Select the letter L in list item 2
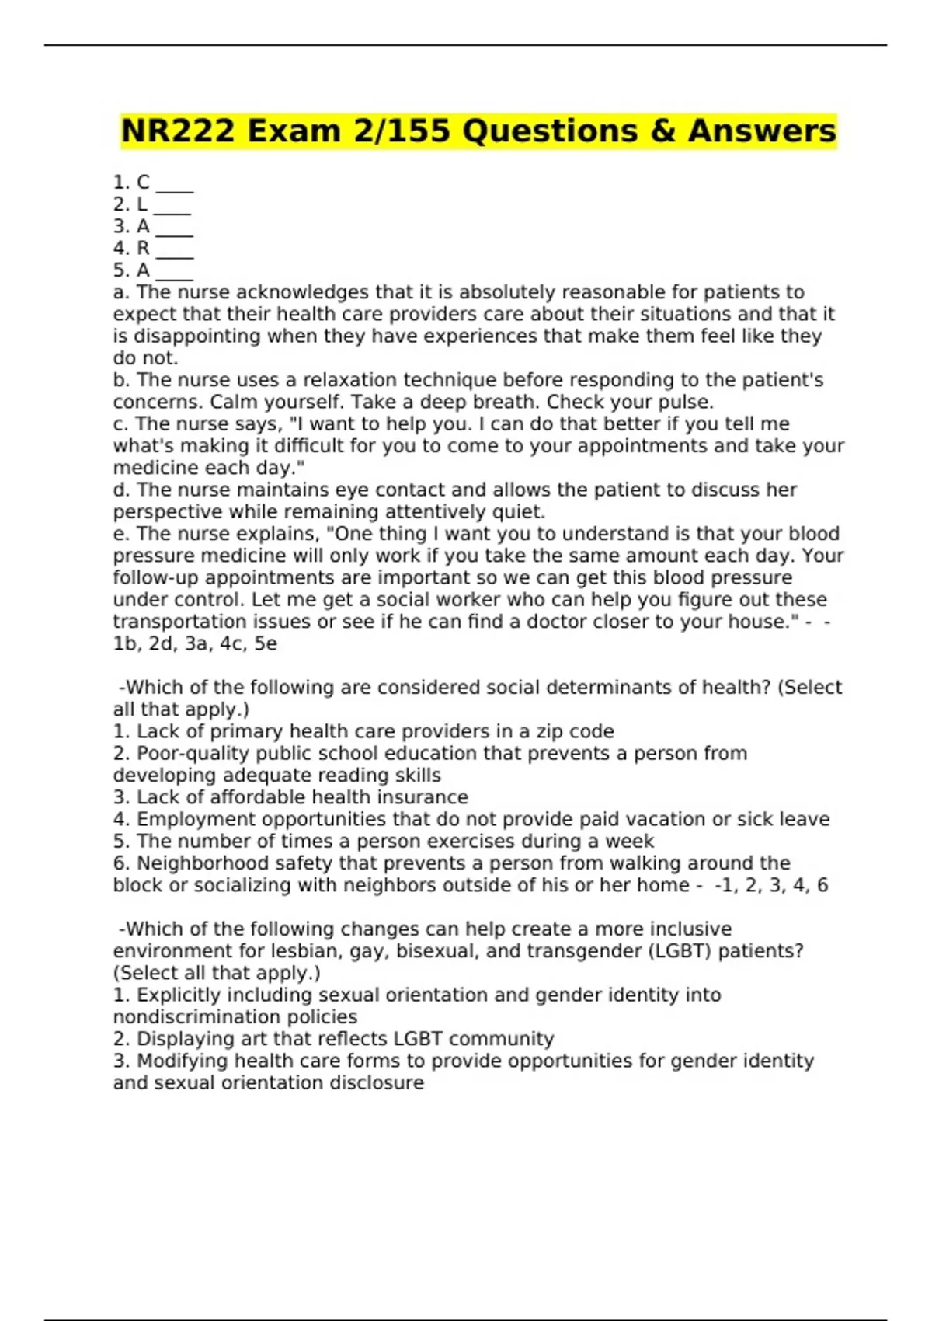(x=142, y=204)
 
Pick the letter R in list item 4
(x=143, y=248)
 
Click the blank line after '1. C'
(x=175, y=186)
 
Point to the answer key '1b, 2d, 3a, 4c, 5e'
(x=195, y=644)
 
